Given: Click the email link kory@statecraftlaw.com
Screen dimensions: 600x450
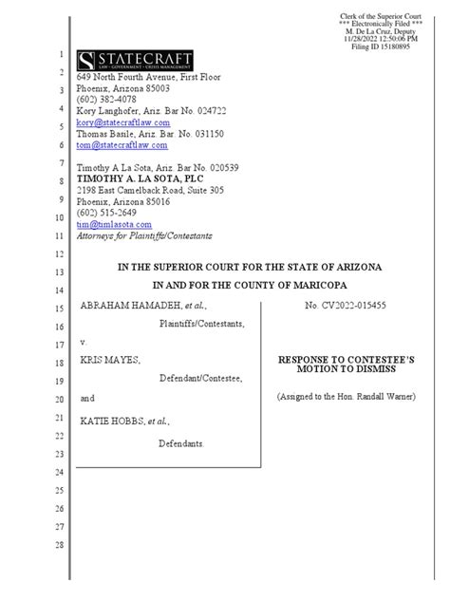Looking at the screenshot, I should click(x=122, y=122).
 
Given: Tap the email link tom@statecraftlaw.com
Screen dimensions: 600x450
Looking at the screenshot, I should click(x=122, y=145).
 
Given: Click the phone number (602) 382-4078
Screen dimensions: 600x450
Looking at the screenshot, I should click(x=105, y=99).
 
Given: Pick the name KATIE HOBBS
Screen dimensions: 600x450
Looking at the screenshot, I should click(x=111, y=419).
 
